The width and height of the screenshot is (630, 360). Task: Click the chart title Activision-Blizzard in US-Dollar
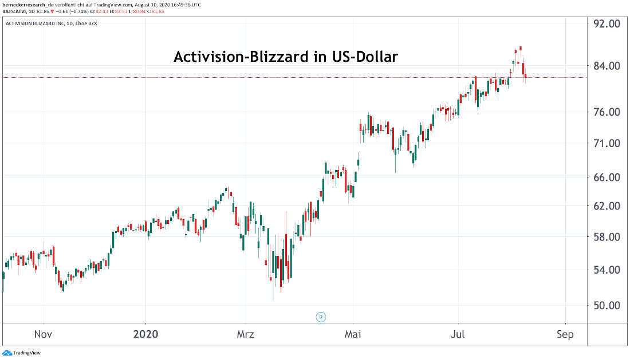286,57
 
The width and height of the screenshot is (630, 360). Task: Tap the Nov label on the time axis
44,334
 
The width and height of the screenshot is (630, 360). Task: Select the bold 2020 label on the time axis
146,334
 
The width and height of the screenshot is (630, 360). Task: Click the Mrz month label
245,334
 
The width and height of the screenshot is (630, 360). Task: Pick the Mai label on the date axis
353,334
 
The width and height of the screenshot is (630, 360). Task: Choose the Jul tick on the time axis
458,334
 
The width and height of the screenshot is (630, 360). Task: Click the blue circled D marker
321,317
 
